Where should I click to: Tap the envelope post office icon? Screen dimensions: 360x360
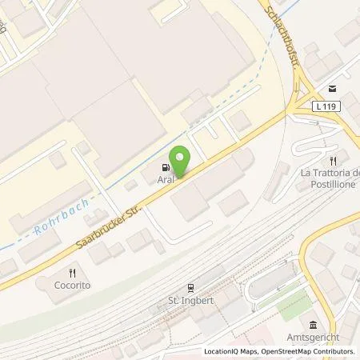(x=331, y=87)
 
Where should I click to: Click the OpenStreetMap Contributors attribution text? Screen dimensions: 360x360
(x=309, y=352)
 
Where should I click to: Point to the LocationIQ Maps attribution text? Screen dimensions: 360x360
(x=230, y=352)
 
